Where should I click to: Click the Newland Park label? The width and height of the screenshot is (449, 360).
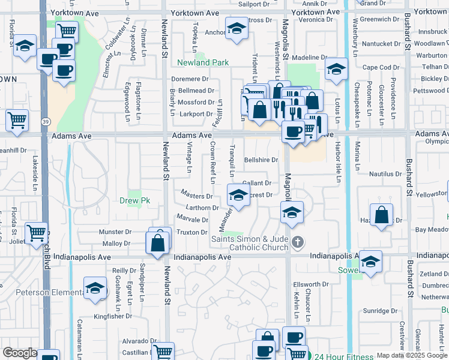pos(202,62)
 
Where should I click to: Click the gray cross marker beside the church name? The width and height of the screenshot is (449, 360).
pos(297,242)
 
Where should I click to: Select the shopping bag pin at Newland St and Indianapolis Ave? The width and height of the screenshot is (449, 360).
pos(157,244)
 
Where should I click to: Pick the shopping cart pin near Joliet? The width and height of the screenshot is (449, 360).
pos(37,232)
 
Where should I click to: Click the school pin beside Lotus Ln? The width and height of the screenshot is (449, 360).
pos(336,69)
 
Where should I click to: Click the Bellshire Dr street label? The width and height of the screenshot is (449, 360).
pos(261,160)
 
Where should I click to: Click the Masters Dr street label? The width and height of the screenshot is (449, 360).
pos(197,196)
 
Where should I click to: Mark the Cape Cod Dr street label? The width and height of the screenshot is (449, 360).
pos(377,67)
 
